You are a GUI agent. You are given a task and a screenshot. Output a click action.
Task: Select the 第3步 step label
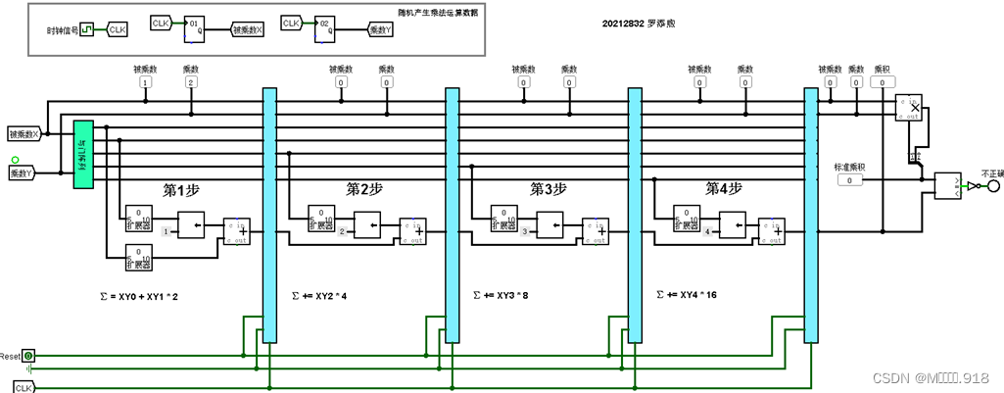click(549, 187)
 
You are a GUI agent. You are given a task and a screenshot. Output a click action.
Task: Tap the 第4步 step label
click(724, 187)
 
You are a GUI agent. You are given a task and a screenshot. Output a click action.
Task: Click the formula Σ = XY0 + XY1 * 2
click(139, 295)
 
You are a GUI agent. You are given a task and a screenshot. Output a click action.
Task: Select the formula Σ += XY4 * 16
click(687, 294)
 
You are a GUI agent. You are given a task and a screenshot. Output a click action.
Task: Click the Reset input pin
click(28, 356)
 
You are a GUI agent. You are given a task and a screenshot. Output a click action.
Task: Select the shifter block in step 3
click(550, 226)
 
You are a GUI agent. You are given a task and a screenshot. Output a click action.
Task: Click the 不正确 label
click(992, 172)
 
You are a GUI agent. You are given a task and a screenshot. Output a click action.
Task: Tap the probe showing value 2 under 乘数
click(191, 83)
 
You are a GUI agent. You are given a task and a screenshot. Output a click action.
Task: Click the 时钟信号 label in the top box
click(61, 30)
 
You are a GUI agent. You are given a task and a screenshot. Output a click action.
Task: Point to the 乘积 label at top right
click(883, 70)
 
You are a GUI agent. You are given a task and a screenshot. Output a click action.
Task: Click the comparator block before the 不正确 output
click(948, 186)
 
